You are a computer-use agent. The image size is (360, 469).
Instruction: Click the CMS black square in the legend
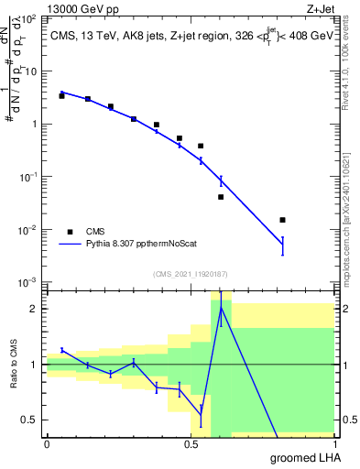(x=70, y=232)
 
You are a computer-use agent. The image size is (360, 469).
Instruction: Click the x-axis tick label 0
(x=47, y=443)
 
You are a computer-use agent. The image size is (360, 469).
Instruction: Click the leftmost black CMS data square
(x=61, y=95)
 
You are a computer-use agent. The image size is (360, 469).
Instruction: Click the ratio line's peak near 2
(x=221, y=307)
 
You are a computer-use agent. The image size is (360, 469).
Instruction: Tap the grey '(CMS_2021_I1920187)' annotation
(x=191, y=273)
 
